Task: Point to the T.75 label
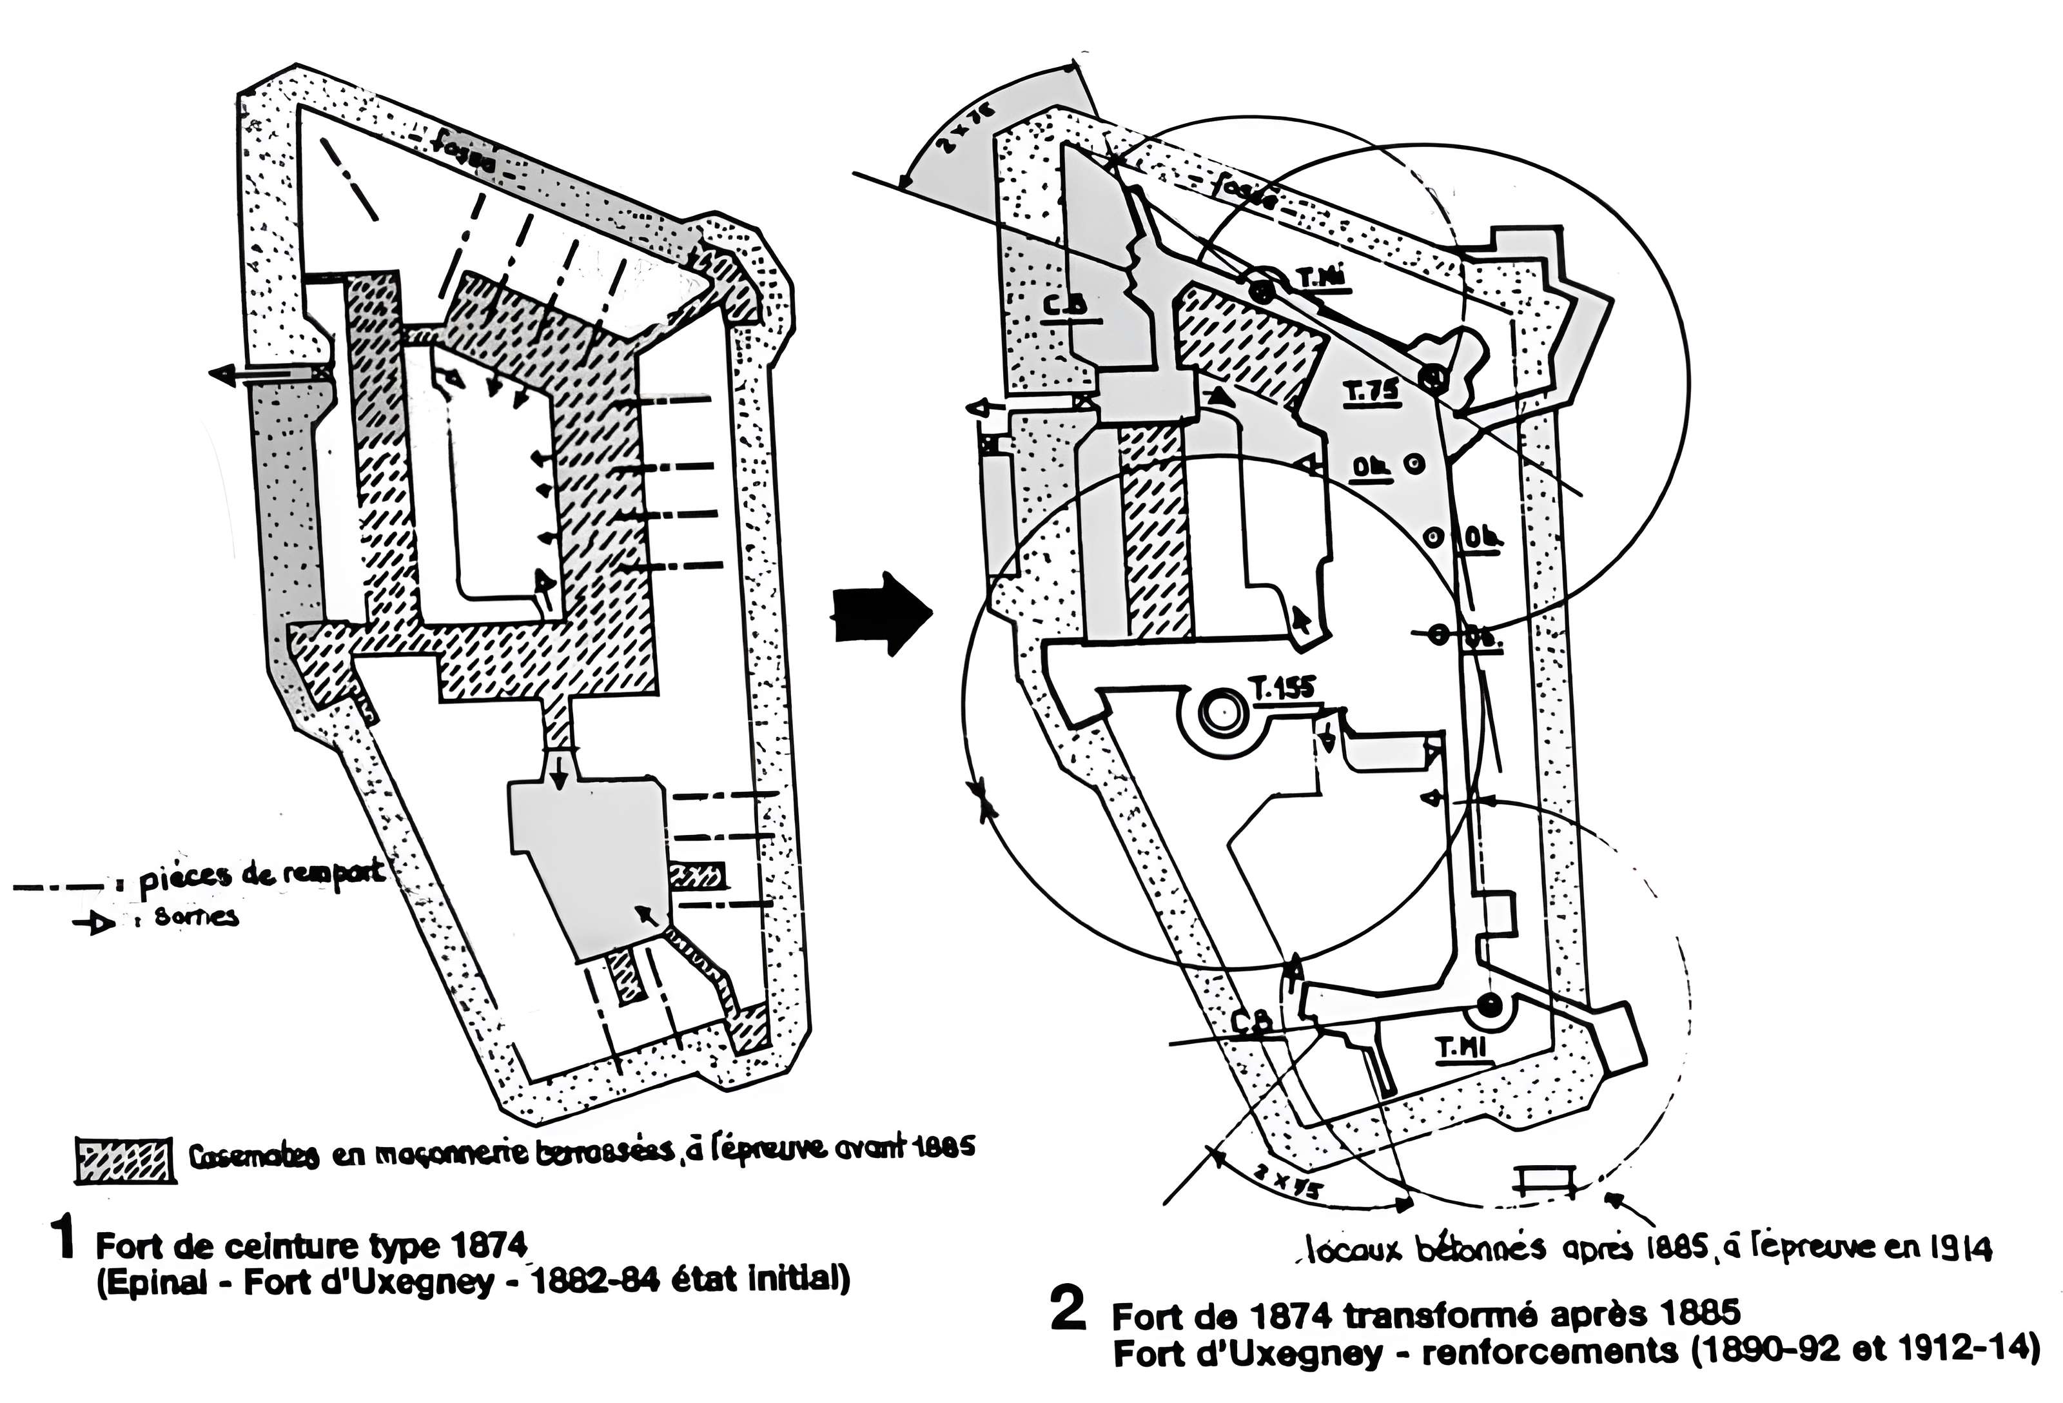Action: (x=1371, y=391)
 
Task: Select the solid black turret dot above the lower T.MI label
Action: (x=1488, y=1006)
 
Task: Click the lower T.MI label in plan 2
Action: (x=1461, y=1048)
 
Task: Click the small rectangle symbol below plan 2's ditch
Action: (x=1547, y=1182)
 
